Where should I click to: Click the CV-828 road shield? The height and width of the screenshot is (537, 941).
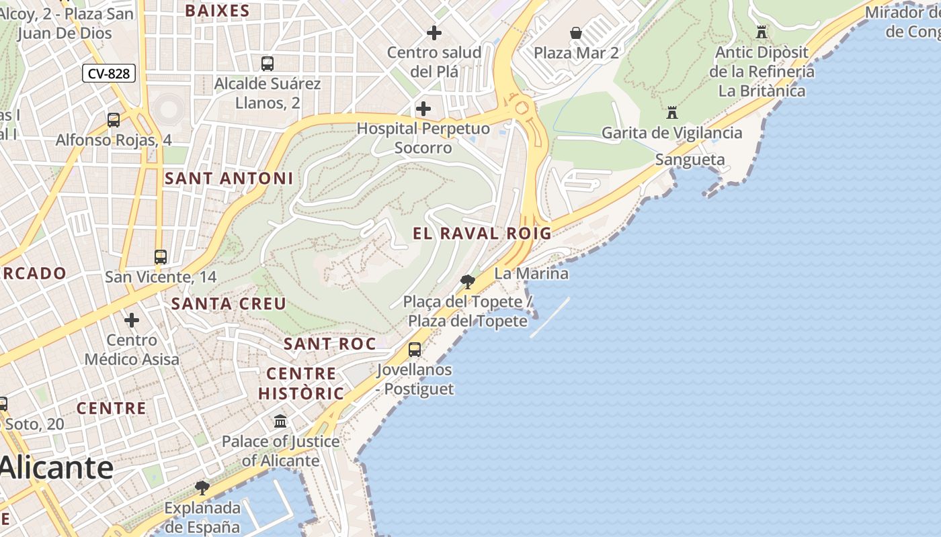click(x=109, y=73)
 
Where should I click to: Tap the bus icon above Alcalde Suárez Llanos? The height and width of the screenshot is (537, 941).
click(x=268, y=64)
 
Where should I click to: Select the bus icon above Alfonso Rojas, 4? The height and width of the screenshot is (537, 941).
click(x=114, y=120)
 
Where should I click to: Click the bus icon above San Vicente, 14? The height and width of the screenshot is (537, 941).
click(x=160, y=256)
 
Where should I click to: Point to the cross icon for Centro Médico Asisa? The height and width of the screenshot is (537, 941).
click(x=132, y=320)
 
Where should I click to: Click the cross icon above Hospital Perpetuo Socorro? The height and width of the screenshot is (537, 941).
click(x=423, y=109)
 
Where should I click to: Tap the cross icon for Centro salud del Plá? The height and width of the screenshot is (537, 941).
click(x=434, y=32)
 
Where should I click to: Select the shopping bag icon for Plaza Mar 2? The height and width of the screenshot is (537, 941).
click(x=576, y=33)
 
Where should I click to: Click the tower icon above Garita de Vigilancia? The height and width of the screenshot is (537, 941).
click(x=671, y=112)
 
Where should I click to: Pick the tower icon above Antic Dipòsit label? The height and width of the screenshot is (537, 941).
click(x=761, y=32)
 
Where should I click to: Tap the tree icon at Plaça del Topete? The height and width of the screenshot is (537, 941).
click(x=468, y=281)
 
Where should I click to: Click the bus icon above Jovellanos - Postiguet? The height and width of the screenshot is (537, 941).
click(x=415, y=349)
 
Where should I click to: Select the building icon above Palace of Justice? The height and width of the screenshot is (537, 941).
click(x=280, y=421)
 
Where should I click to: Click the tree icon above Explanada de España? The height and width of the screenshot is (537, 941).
click(x=202, y=487)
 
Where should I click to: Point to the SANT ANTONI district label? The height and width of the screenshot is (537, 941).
click(x=229, y=179)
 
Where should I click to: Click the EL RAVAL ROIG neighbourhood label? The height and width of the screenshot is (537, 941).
click(x=482, y=234)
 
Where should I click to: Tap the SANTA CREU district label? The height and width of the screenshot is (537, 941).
click(x=229, y=303)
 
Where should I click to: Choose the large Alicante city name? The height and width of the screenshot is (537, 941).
click(x=57, y=467)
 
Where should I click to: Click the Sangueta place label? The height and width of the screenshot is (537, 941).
click(x=690, y=160)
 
